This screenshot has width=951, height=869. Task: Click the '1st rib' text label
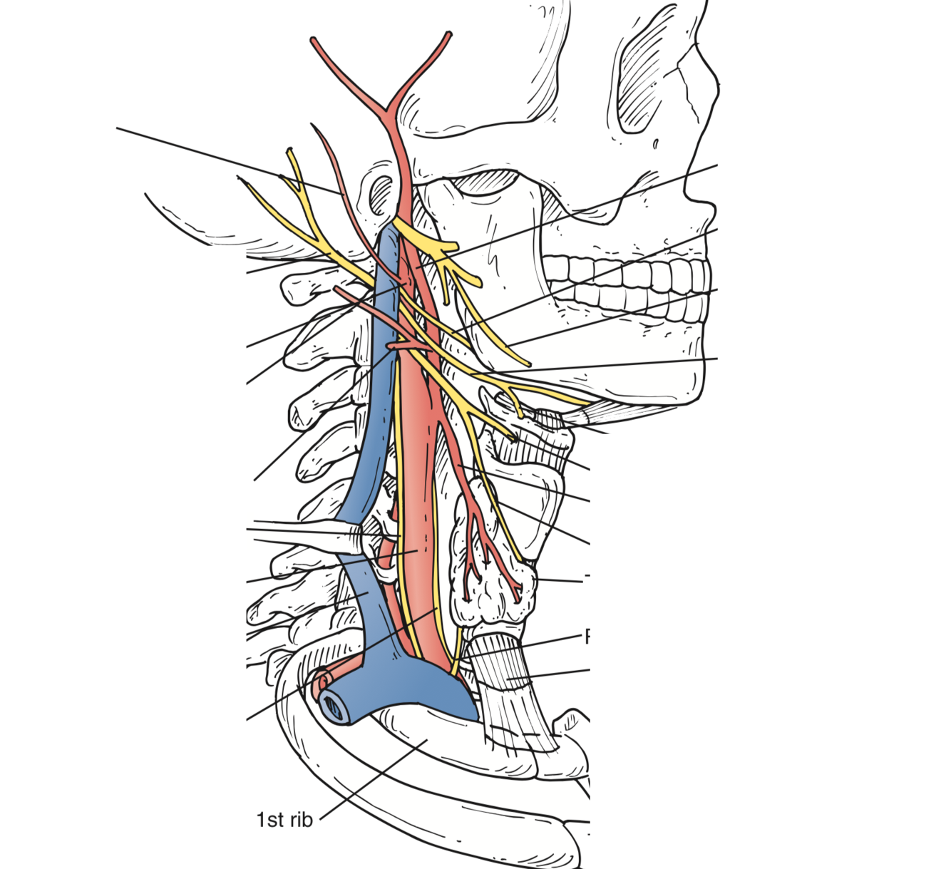284,820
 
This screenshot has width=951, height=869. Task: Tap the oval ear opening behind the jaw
382,192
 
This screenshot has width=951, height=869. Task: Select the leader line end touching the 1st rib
426,740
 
